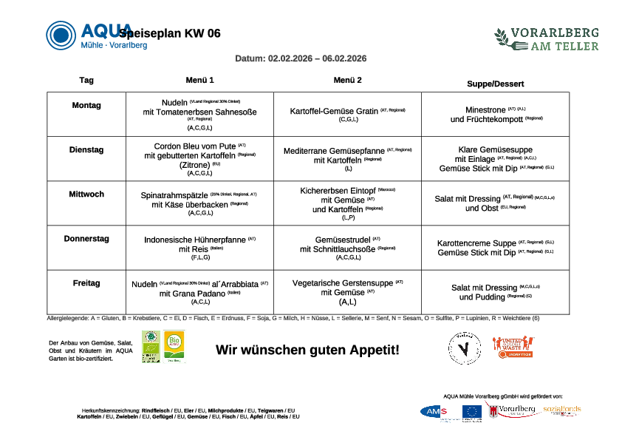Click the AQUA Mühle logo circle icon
tap(61, 35)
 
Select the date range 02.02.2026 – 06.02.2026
tap(317, 58)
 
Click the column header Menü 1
tap(199, 80)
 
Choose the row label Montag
tap(86, 106)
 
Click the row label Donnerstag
tap(86, 239)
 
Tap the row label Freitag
tap(86, 283)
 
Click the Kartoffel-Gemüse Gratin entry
tap(334, 112)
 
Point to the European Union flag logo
tap(472, 411)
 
